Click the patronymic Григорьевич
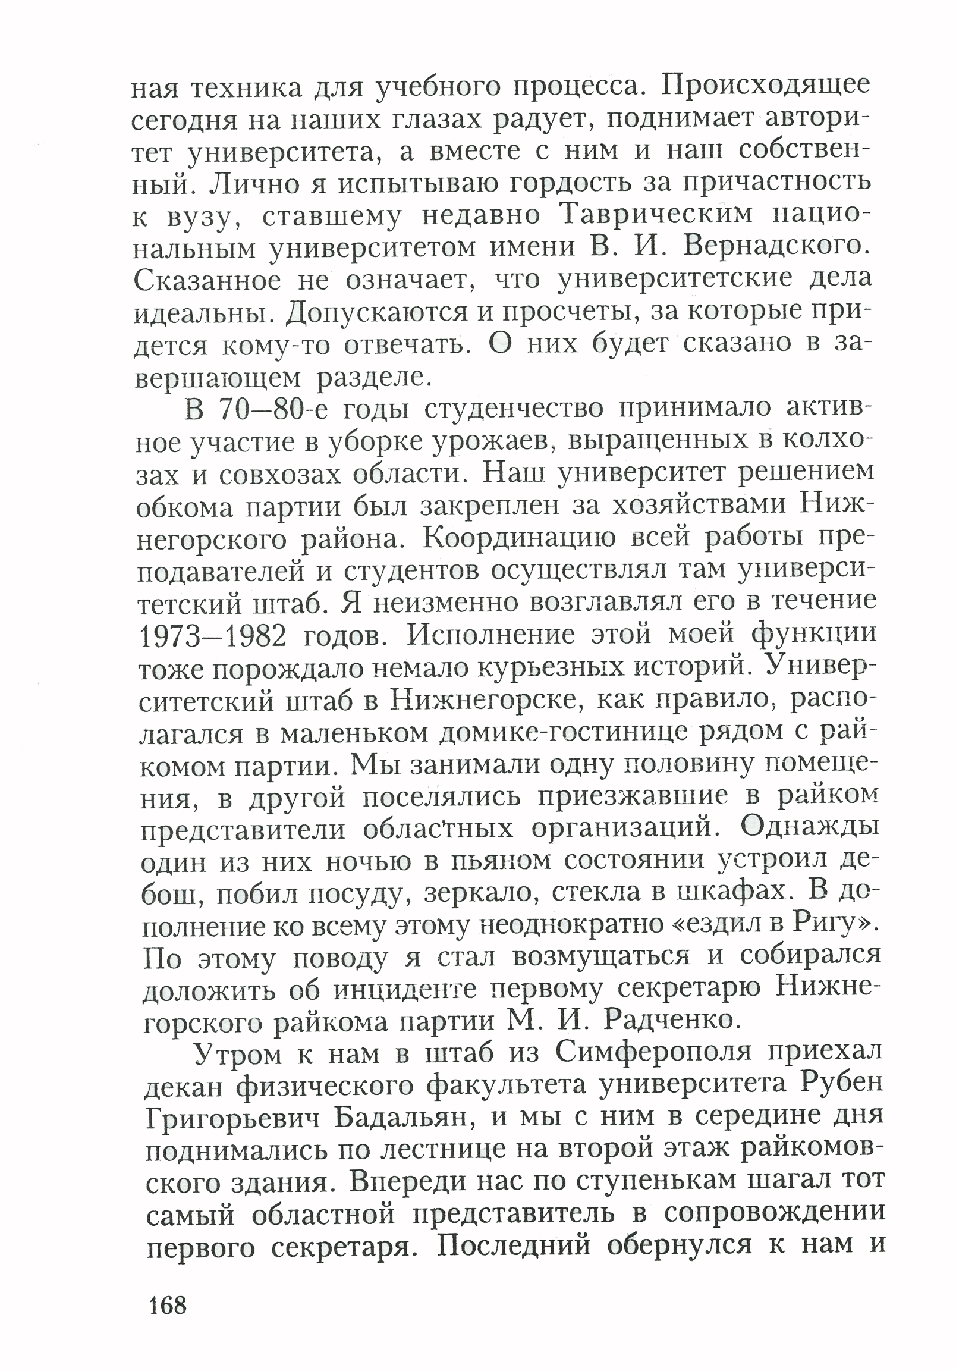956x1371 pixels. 234,1118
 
